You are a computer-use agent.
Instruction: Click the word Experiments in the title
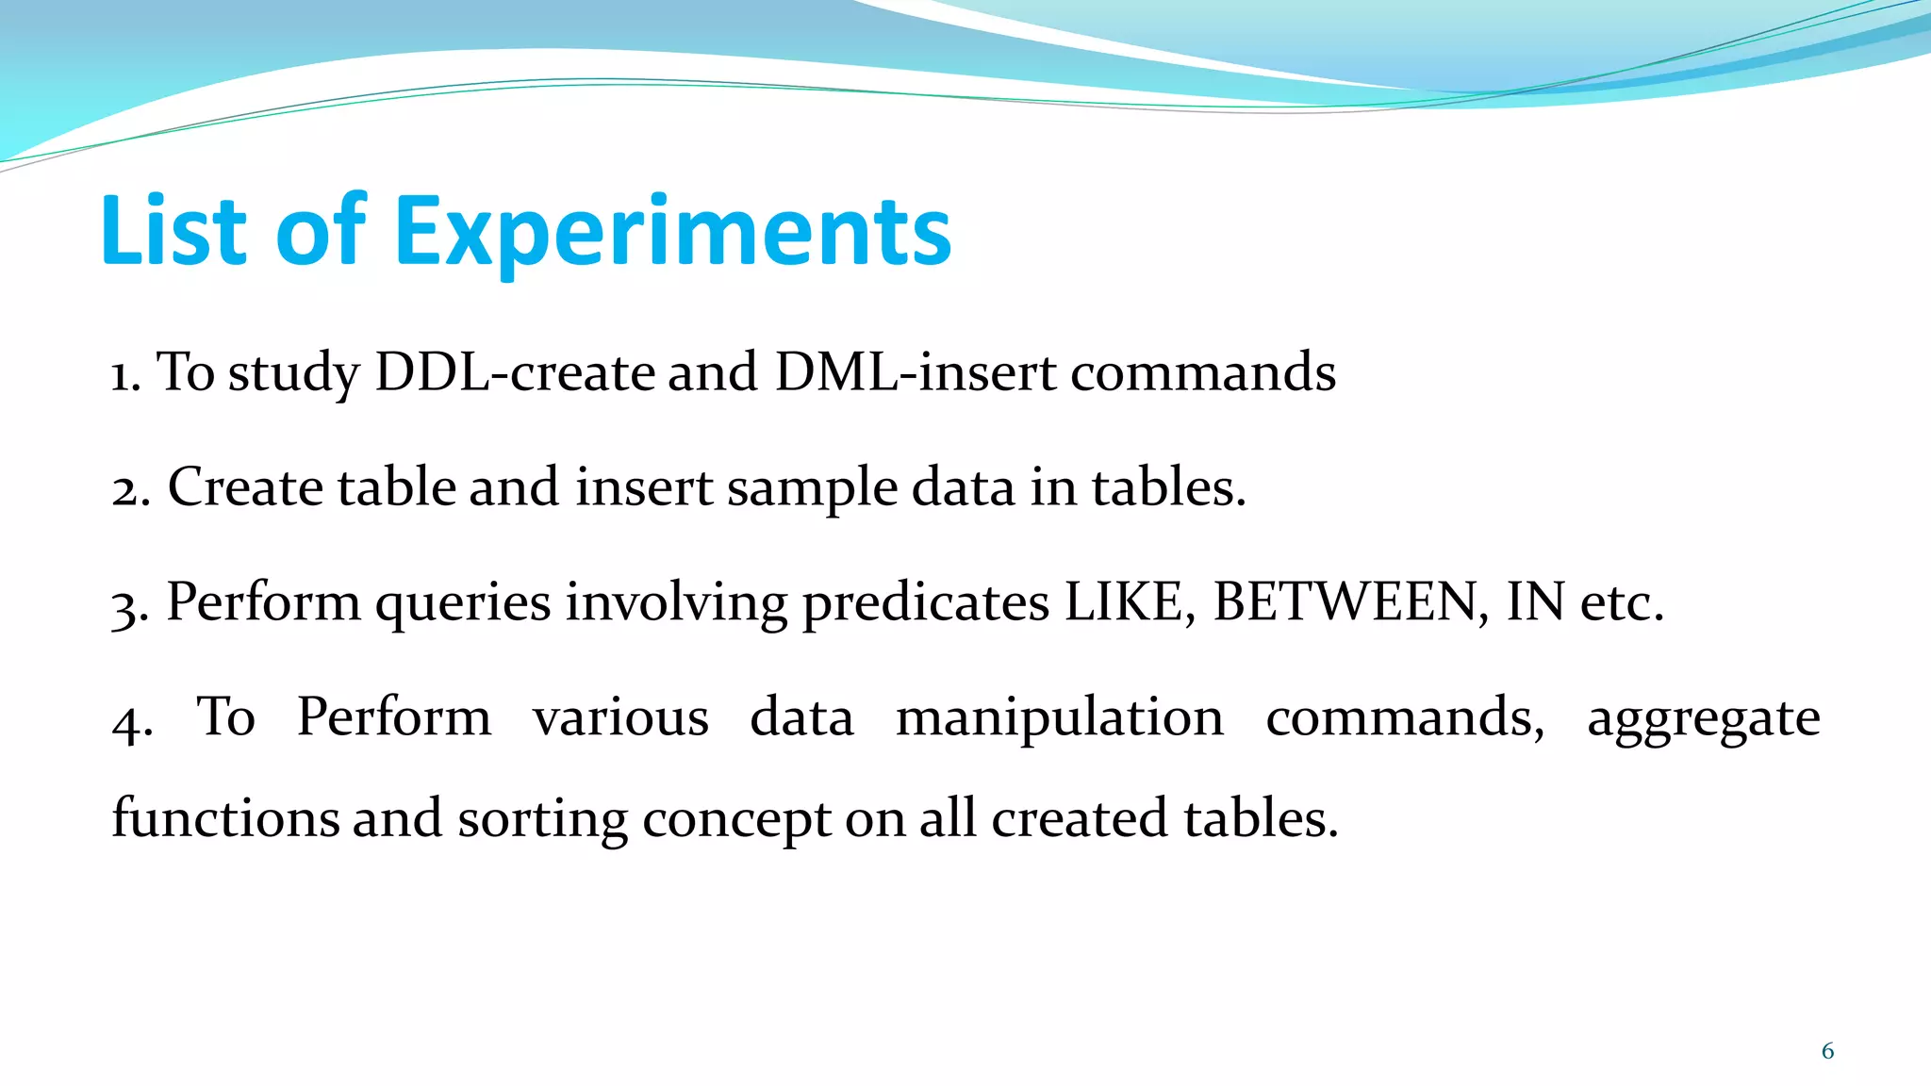(672, 233)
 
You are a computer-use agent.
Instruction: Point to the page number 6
(1827, 1051)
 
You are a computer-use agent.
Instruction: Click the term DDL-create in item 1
(514, 372)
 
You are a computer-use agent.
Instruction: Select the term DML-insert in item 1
(915, 372)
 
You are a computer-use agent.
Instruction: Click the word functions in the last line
(225, 818)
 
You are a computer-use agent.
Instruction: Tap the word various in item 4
(620, 719)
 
